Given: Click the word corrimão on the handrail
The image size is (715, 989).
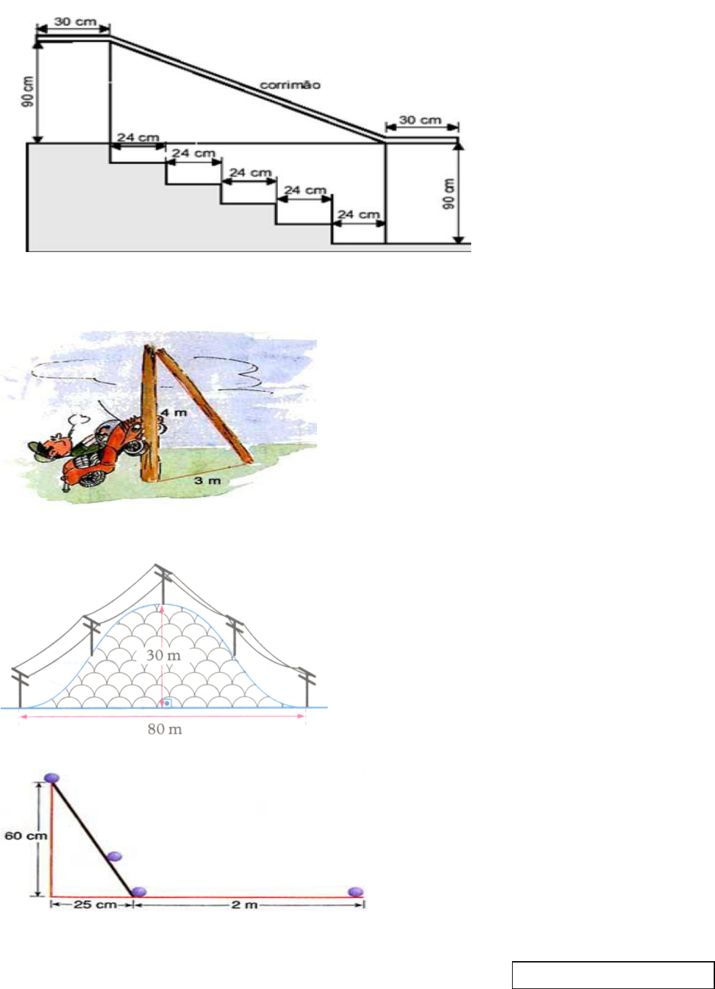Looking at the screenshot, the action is [x=290, y=85].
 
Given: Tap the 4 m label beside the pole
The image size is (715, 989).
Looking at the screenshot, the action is [x=174, y=413].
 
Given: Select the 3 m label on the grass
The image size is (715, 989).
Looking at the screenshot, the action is [x=208, y=480].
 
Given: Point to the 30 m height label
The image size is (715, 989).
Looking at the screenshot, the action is [x=163, y=655].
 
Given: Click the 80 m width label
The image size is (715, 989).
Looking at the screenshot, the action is [x=164, y=730].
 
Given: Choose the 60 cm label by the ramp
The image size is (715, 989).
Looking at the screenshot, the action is [x=26, y=835].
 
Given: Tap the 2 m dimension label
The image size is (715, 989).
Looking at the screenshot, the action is [x=244, y=905].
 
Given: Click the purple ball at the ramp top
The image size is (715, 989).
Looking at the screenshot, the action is [x=52, y=778].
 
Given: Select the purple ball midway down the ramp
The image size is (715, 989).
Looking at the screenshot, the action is [x=114, y=856].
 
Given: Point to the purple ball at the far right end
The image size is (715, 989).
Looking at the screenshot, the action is [x=356, y=892].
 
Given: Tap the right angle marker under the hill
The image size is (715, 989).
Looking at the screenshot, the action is [x=166, y=702].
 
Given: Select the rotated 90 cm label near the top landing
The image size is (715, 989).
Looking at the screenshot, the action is [x=28, y=92].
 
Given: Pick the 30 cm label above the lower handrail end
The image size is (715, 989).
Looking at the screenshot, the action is [x=420, y=119].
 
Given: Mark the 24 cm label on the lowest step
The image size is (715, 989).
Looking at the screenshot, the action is [x=359, y=214].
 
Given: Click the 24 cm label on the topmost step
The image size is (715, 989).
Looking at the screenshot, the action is [x=138, y=137].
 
